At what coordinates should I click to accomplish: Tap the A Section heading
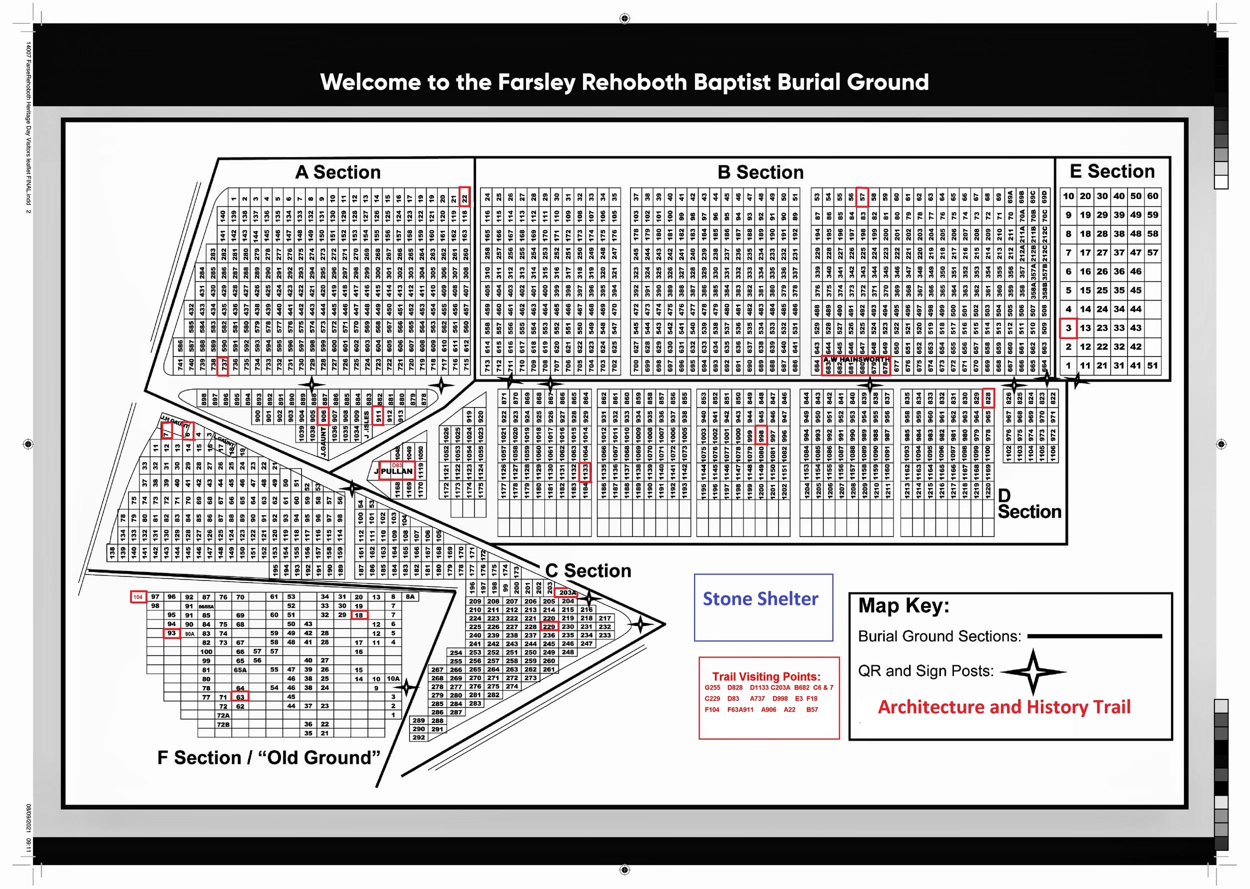pyautogui.click(x=337, y=172)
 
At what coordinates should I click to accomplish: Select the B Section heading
pyautogui.click(x=760, y=172)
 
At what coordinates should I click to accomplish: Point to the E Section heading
pyautogui.click(x=1112, y=171)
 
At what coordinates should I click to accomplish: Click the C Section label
pyautogui.click(x=588, y=570)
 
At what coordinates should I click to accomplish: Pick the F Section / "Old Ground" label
pyautogui.click(x=268, y=757)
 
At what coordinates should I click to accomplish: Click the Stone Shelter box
pyautogui.click(x=763, y=606)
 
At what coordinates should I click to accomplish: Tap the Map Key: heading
pyautogui.click(x=903, y=605)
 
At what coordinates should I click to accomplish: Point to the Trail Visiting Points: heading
pyautogui.click(x=765, y=676)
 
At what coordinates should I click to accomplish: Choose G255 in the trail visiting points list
pyautogui.click(x=712, y=687)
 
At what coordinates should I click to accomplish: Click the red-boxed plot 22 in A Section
pyautogui.click(x=464, y=196)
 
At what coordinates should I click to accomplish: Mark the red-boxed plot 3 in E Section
pyautogui.click(x=1068, y=328)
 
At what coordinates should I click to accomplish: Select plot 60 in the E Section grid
pyautogui.click(x=1152, y=196)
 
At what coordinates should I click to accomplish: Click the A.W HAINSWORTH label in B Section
pyautogui.click(x=856, y=359)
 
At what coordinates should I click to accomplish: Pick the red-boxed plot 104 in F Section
pyautogui.click(x=138, y=596)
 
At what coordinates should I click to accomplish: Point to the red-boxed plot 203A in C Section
pyautogui.click(x=566, y=592)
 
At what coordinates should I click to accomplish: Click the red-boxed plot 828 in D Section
pyautogui.click(x=988, y=398)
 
